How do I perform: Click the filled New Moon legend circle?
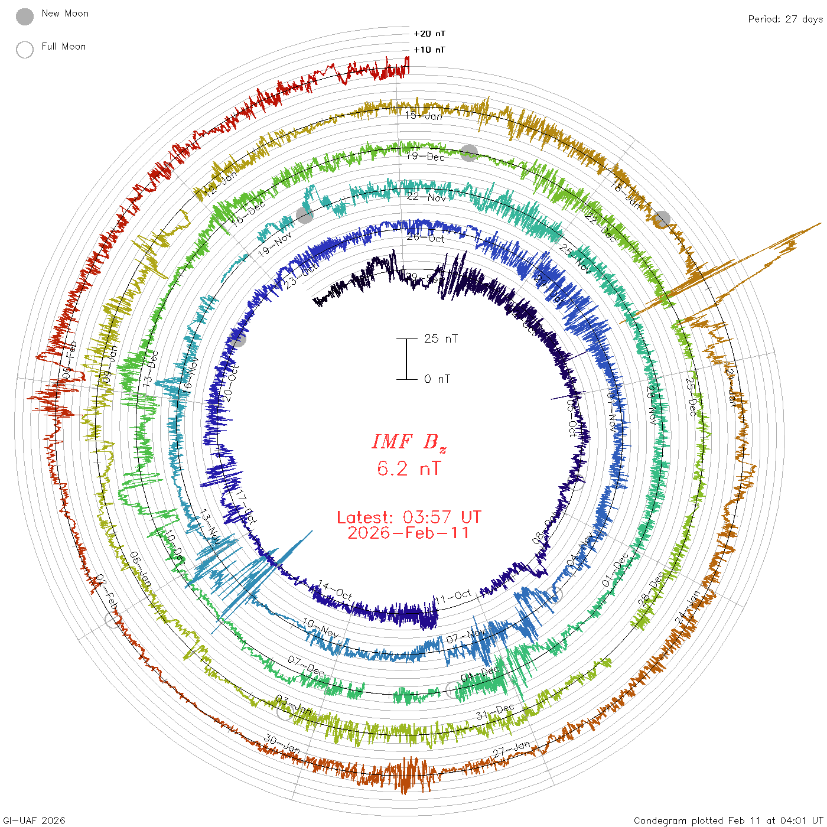[x=25, y=17]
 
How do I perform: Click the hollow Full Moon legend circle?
[x=25, y=50]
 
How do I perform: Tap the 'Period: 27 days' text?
[x=785, y=19]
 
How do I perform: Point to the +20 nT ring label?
[x=429, y=34]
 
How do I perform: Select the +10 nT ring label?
[x=429, y=50]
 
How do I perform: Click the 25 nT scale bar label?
[x=441, y=339]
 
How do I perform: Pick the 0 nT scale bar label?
[x=437, y=379]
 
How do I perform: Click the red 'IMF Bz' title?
[x=409, y=442]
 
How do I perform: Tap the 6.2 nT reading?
[x=409, y=469]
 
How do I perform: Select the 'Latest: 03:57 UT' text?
[x=409, y=517]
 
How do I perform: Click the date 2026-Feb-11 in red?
[x=409, y=533]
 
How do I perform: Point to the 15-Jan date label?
[x=424, y=116]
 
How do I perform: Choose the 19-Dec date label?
[x=425, y=157]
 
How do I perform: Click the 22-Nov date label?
[x=426, y=197]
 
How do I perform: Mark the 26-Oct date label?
[x=426, y=238]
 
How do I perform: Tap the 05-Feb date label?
[x=70, y=360]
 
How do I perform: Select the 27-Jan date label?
[x=512, y=748]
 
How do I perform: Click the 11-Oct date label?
[x=454, y=597]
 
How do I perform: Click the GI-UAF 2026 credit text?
[x=34, y=821]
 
